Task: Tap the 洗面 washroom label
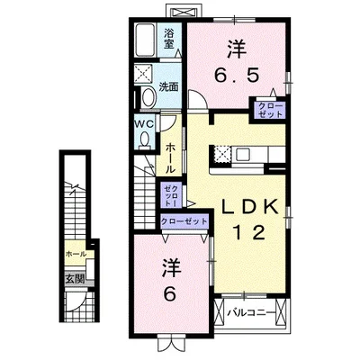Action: [x=169, y=87]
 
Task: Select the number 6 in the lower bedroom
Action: [x=169, y=293]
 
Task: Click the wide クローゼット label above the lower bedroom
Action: [x=184, y=220]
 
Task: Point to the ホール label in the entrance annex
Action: [x=76, y=256]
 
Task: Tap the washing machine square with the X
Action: [x=143, y=75]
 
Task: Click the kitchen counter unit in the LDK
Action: [x=246, y=155]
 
